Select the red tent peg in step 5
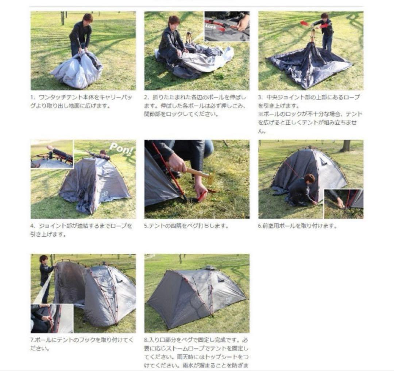pyautogui.click(x=202, y=196)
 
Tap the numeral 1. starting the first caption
pyautogui.click(x=32, y=98)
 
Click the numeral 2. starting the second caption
pyautogui.click(x=146, y=98)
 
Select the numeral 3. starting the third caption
pyautogui.click(x=260, y=98)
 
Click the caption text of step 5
pyautogui.click(x=186, y=226)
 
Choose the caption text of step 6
pyautogui.click(x=298, y=226)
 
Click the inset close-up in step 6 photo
pyautogui.click(x=344, y=204)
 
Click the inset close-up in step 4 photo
pyautogui.click(x=51, y=154)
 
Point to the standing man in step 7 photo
pyautogui.click(x=45, y=274)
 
